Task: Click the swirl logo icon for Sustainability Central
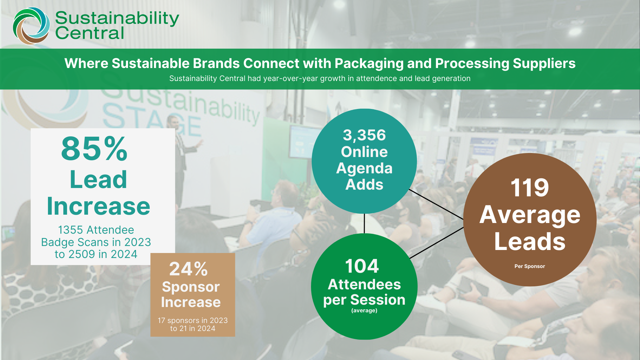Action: [x=31, y=26]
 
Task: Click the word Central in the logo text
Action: [x=90, y=33]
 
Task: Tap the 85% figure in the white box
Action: [x=94, y=149]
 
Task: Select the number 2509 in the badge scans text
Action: [x=81, y=254]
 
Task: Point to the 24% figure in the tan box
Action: [x=189, y=269]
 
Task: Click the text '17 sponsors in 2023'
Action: [x=193, y=320]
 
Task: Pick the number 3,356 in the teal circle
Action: [x=364, y=135]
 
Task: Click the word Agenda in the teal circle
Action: [x=364, y=169]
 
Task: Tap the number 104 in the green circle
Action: [x=362, y=266]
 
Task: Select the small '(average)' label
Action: [x=364, y=311]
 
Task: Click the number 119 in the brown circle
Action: [x=530, y=188]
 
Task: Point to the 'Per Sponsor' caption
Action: [x=530, y=266]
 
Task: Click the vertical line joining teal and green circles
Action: [x=364, y=223]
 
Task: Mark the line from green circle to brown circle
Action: [x=436, y=243]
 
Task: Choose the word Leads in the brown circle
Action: [x=530, y=242]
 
